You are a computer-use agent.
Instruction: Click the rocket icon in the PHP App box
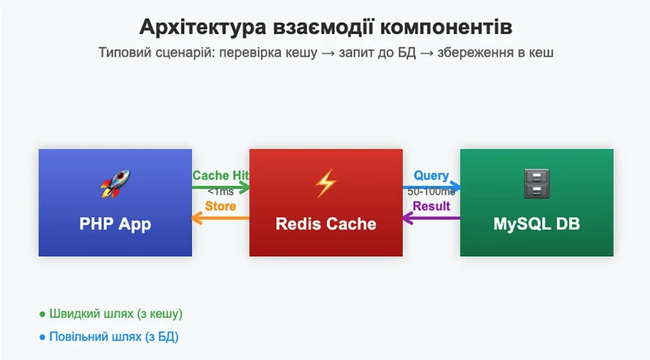[115, 184]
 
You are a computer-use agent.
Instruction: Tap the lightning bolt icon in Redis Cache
[326, 184]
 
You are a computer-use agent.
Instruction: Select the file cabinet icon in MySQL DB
[536, 184]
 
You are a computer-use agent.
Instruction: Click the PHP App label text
[115, 224]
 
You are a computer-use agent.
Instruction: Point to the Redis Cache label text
[326, 224]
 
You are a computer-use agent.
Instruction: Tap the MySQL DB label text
[536, 224]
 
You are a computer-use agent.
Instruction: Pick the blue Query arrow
[432, 187]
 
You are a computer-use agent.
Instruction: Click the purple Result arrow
[432, 218]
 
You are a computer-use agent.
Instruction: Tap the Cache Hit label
[221, 175]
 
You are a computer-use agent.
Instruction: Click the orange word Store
[221, 206]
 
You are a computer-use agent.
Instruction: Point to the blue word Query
[432, 175]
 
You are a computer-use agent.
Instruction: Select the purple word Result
[432, 206]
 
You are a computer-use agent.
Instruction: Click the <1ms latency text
[221, 192]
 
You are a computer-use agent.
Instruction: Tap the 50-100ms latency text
[432, 192]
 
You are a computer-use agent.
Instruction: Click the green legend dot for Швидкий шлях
[43, 314]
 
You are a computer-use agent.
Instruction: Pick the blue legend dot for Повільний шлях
[43, 337]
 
